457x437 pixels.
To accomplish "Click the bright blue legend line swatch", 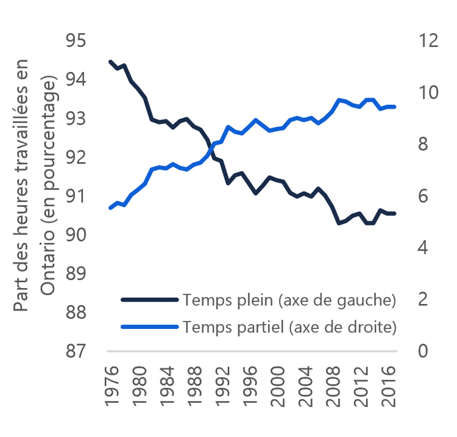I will [149, 327].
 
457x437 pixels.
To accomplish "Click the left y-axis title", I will [38, 183].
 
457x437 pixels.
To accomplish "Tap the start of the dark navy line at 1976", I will [110, 62].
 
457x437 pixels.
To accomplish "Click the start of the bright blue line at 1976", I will [110, 208].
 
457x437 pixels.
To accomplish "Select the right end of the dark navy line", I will [395, 214].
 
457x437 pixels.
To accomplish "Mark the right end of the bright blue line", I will [395, 107].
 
